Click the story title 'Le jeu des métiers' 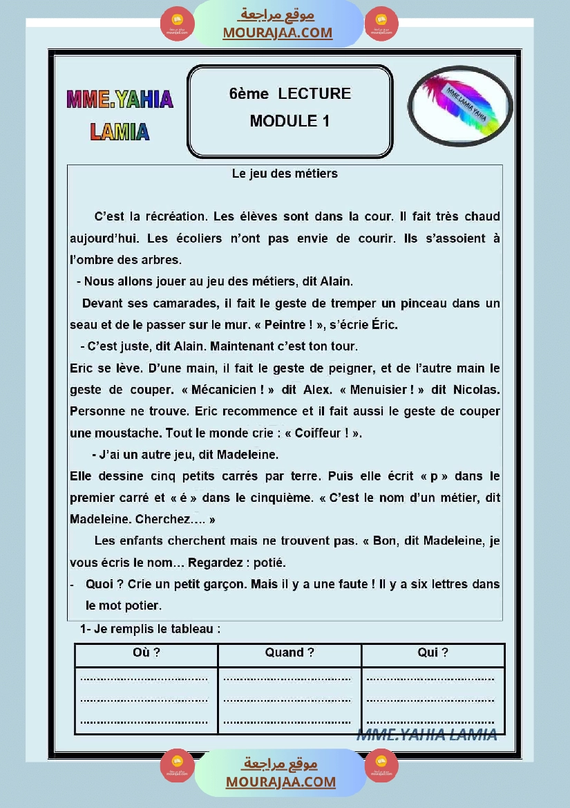(x=285, y=173)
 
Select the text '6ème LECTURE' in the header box (x=290, y=94)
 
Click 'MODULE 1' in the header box (x=289, y=121)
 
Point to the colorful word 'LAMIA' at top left (x=120, y=131)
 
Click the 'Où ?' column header (x=146, y=652)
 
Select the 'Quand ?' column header (x=289, y=652)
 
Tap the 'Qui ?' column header (x=433, y=652)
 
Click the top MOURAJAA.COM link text (x=277, y=32)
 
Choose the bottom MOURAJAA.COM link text (x=281, y=782)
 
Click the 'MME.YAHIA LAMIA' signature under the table (x=426, y=735)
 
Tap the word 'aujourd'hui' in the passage (x=97, y=238)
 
